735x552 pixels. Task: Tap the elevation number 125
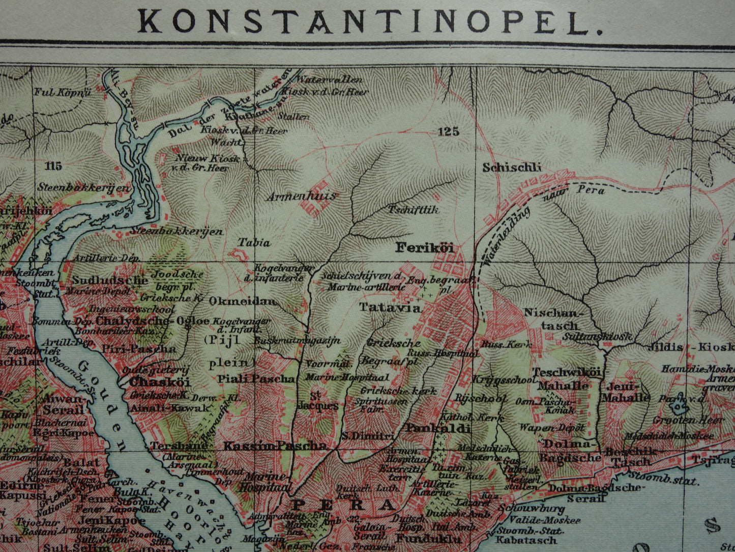[448, 132]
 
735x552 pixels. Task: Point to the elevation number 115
[52, 165]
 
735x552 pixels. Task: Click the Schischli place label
[512, 167]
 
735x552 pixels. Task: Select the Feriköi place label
[425, 248]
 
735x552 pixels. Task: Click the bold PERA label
[344, 505]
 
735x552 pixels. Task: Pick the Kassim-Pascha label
[275, 446]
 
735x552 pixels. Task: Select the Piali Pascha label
[256, 379]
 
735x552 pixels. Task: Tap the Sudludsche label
[110, 280]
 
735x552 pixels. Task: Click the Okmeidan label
[243, 301]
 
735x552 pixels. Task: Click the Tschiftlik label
[413, 209]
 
